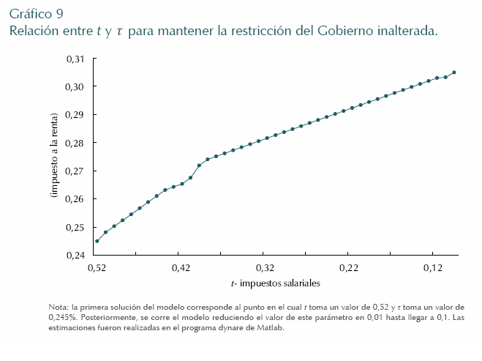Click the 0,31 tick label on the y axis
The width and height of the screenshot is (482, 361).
[x=75, y=59]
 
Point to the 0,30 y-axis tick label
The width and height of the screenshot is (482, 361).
[x=75, y=86]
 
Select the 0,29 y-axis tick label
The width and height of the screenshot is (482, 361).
[x=75, y=115]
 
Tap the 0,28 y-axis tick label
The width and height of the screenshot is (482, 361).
[x=75, y=143]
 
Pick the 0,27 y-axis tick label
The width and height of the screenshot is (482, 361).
[x=75, y=171]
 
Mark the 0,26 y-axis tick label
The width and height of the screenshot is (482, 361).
[x=75, y=199]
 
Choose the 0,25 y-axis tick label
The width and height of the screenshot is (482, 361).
[x=75, y=227]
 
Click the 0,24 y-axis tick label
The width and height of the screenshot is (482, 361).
[x=75, y=256]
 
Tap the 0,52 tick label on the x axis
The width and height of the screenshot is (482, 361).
[x=97, y=269]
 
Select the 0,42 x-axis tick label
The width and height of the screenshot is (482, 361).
[x=181, y=269]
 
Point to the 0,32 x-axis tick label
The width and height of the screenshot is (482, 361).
[x=265, y=269]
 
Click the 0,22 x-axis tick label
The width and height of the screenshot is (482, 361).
[x=349, y=269]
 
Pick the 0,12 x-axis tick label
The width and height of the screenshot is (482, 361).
[x=433, y=269]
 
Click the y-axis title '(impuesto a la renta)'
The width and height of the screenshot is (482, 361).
[x=54, y=157]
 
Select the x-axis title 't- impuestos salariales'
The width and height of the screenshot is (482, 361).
[x=275, y=283]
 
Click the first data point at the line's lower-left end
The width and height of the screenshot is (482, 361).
[x=97, y=241]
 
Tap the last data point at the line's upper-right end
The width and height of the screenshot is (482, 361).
[x=454, y=72]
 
